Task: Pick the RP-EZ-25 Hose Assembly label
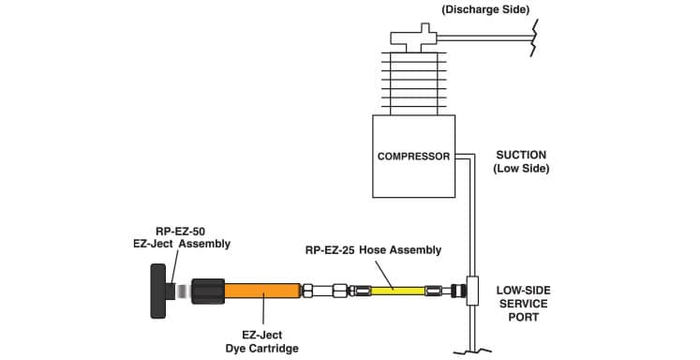pyautogui.click(x=372, y=250)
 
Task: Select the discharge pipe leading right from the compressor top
pyautogui.click(x=487, y=37)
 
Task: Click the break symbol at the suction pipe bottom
pyautogui.click(x=470, y=352)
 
